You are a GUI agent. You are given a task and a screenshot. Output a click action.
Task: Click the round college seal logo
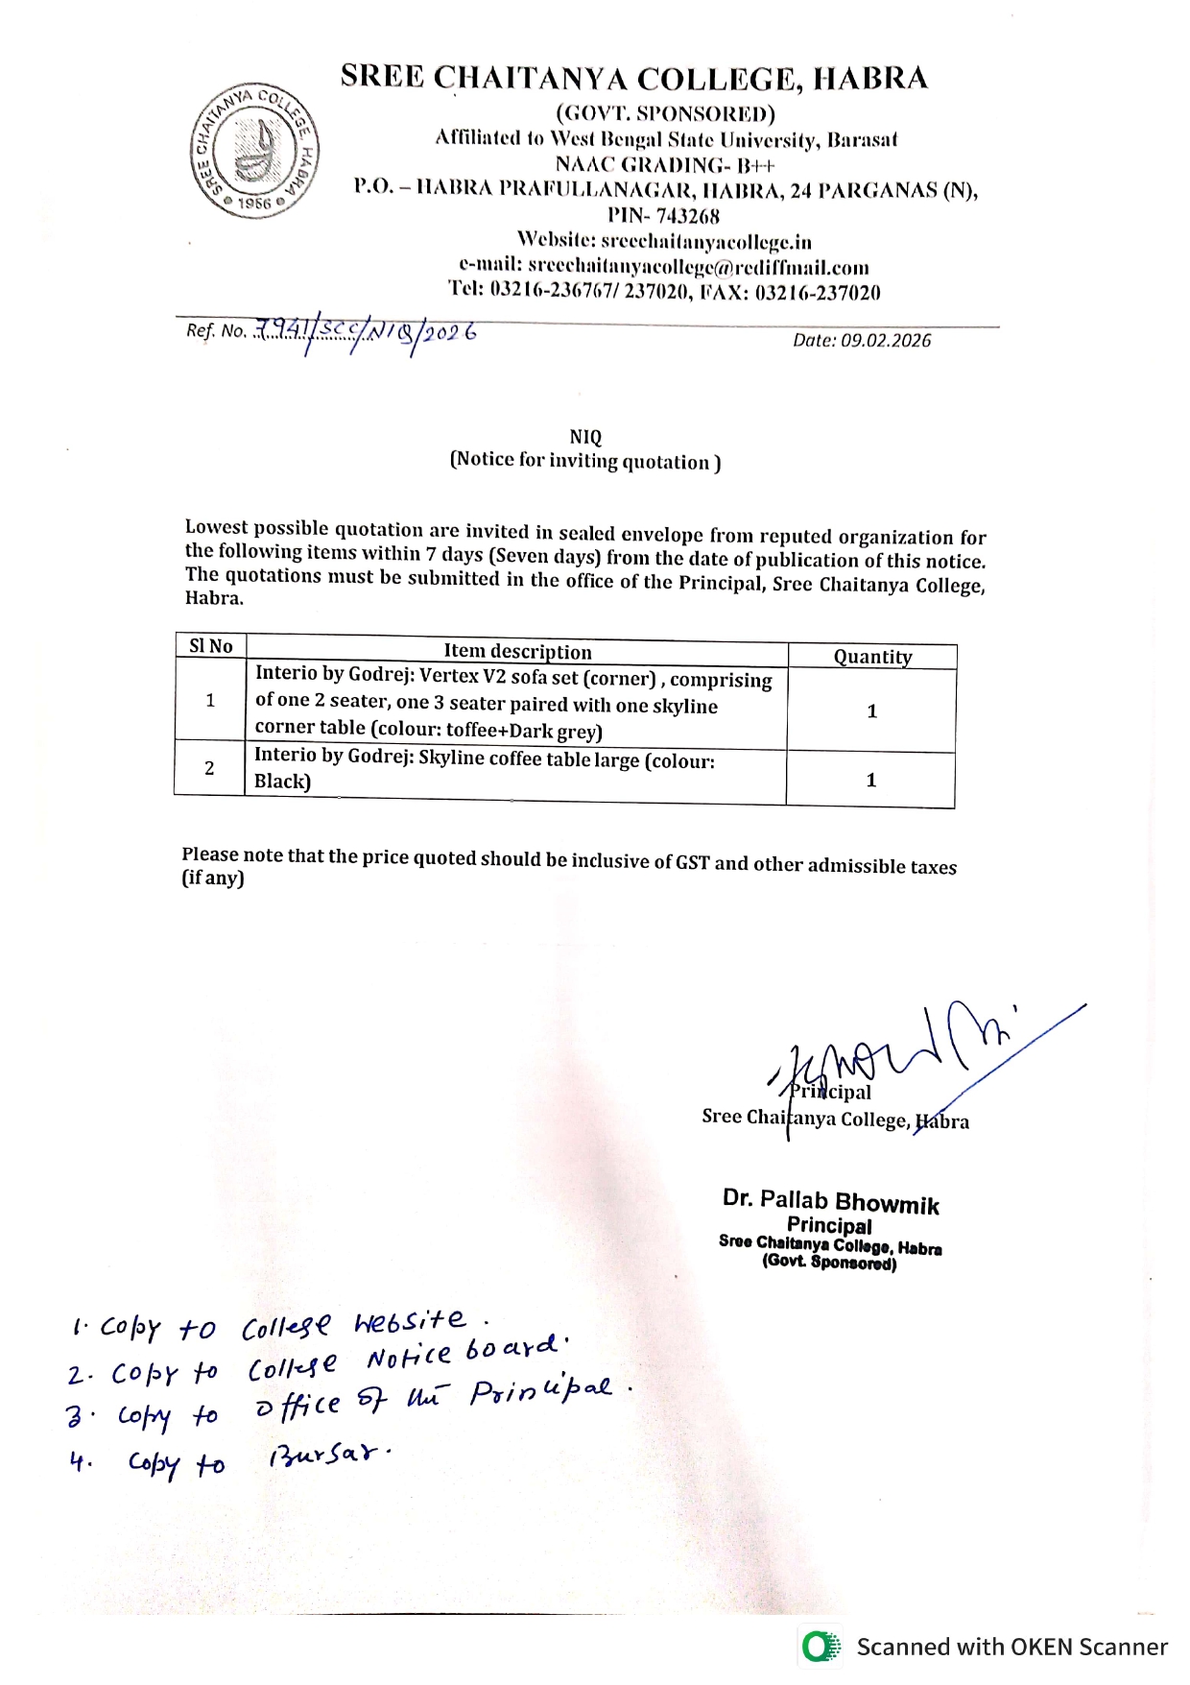coord(254,152)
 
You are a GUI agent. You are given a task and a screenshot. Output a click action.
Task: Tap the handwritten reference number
coord(366,332)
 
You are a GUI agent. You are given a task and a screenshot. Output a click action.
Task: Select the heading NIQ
coord(585,437)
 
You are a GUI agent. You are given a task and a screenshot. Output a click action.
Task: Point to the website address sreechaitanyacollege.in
coord(705,241)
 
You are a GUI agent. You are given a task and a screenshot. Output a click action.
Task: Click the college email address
coord(699,267)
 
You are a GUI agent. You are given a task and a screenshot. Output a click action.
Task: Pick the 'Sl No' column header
coord(211,646)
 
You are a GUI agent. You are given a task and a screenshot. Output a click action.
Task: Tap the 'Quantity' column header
coord(872,657)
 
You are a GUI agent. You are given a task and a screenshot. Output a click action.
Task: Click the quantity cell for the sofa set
coord(872,711)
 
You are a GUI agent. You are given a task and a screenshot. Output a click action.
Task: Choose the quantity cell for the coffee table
coord(871,780)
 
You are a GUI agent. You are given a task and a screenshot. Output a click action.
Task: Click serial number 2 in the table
coord(209,768)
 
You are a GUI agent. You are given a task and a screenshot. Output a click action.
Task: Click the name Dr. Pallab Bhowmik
coord(831,1201)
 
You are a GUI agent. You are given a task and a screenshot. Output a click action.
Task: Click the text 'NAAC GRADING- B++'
coord(665,165)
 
